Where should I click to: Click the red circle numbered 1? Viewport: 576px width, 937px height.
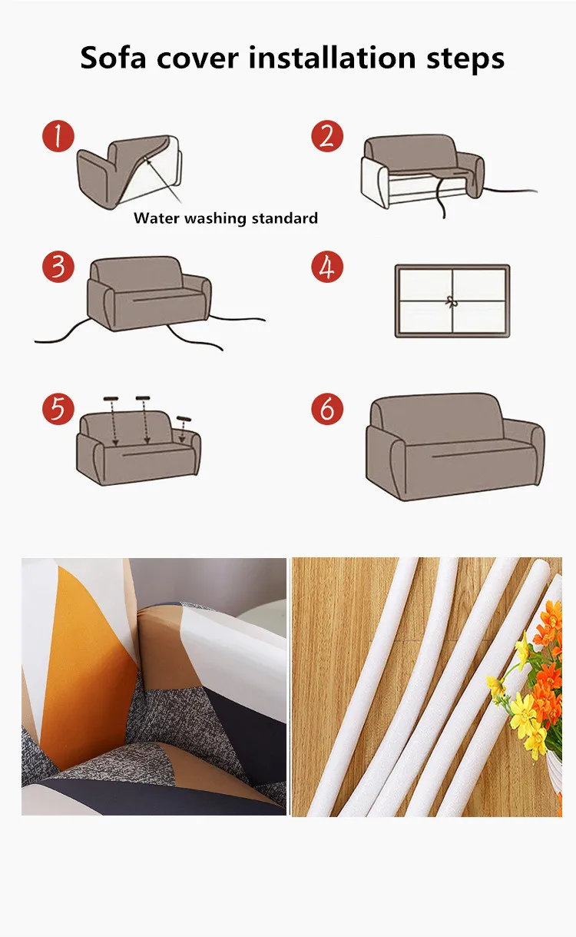58,136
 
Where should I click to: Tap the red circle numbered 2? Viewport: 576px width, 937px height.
327,136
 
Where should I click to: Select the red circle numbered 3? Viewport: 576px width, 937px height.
58,267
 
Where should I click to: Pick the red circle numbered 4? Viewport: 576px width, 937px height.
327,267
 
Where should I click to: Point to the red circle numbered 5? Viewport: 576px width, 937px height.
58,409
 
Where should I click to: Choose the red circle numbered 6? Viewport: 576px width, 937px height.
327,409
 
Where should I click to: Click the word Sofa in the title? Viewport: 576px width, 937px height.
113,58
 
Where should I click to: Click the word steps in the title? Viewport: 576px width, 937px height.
465,59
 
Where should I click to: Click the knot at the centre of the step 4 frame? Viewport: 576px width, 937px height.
451,301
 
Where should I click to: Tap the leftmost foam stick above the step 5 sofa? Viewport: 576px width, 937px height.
111,399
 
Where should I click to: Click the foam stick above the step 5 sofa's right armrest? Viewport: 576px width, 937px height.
184,418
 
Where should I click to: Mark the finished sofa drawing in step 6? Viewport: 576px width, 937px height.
455,447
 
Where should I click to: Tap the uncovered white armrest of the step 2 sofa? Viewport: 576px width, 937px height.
375,183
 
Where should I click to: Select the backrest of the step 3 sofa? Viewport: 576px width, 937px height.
137,273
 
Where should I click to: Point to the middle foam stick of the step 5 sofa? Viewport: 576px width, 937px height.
143,397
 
